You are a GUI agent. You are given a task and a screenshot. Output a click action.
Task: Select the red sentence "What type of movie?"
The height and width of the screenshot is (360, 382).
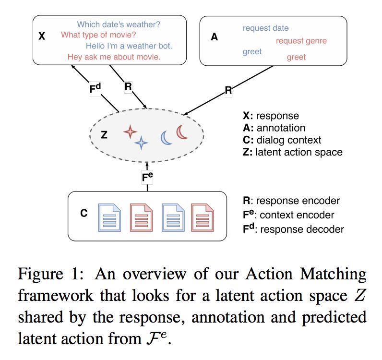[99, 35]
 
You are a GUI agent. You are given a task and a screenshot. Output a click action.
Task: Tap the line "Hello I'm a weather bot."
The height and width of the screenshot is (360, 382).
[129, 46]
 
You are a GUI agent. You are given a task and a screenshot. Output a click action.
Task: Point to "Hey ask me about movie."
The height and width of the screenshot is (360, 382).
[114, 57]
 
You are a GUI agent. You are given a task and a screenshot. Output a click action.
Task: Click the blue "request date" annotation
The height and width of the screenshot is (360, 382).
[265, 28]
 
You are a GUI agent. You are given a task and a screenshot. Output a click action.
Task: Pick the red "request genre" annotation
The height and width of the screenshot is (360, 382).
[301, 41]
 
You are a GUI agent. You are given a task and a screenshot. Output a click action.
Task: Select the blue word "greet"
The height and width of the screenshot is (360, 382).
[252, 51]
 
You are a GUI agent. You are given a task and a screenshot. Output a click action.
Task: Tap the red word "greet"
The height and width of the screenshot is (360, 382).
[296, 58]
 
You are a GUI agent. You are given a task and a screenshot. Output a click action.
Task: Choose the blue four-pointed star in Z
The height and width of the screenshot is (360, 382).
[141, 143]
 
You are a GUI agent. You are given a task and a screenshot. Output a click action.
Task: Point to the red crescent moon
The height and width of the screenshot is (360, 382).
[182, 132]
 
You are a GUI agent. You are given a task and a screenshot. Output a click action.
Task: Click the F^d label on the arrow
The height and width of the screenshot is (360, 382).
[96, 89]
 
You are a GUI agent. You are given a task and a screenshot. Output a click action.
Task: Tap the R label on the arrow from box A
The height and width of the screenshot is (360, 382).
[228, 90]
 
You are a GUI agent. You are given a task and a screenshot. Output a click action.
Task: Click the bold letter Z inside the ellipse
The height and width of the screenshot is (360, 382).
[104, 135]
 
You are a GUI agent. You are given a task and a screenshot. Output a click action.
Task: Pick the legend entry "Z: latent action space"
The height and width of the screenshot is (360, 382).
[293, 153]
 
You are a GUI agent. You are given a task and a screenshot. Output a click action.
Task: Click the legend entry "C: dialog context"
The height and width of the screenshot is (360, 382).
[282, 141]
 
